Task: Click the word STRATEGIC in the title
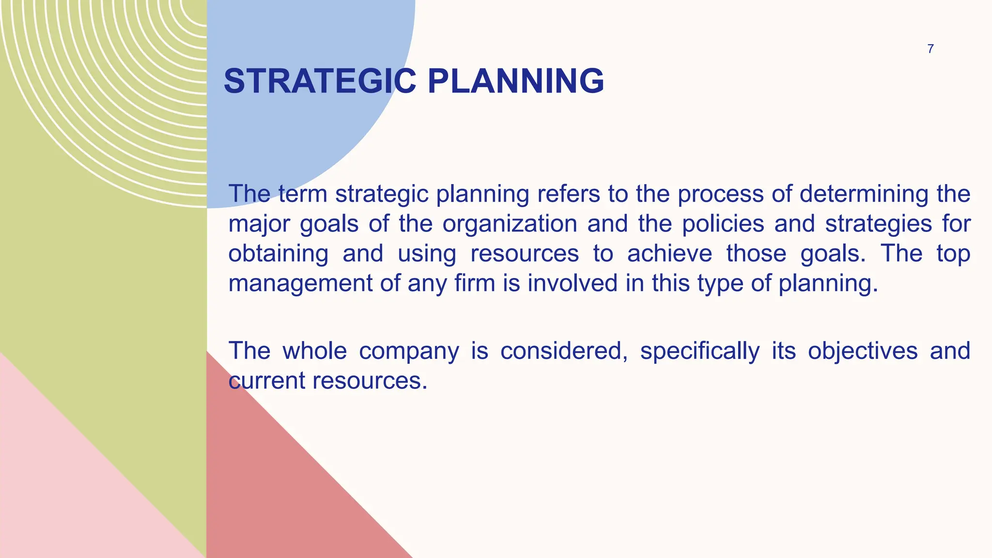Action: pyautogui.click(x=320, y=81)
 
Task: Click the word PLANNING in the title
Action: pyautogui.click(x=516, y=81)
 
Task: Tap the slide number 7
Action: pyautogui.click(x=930, y=49)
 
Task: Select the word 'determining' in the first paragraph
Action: pyautogui.click(x=864, y=194)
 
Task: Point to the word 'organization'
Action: pyautogui.click(x=510, y=224)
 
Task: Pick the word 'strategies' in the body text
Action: pyautogui.click(x=879, y=224)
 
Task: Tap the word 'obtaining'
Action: pyautogui.click(x=278, y=254)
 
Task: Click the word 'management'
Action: pyautogui.click(x=300, y=283)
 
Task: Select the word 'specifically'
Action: pyautogui.click(x=700, y=351)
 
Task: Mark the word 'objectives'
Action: pyautogui.click(x=863, y=351)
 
